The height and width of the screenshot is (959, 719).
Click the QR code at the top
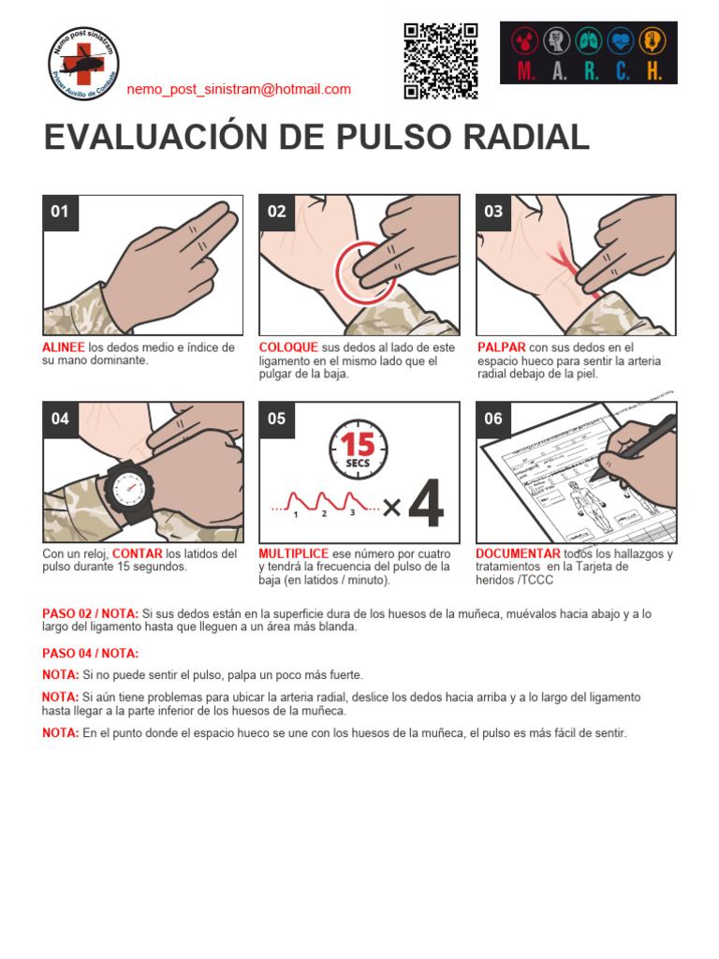tap(441, 61)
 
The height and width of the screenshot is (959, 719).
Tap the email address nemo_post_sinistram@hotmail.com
tap(239, 90)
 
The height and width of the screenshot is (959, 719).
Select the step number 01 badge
tap(60, 212)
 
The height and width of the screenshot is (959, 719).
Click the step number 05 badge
tap(276, 419)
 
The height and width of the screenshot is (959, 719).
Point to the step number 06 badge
tap(493, 419)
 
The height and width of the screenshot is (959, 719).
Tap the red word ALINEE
tap(64, 347)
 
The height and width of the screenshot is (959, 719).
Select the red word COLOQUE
tap(288, 347)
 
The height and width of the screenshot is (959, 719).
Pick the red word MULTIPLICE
tap(294, 553)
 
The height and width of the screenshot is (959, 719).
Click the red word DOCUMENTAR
tap(518, 553)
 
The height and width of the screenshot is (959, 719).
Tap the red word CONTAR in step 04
tap(138, 553)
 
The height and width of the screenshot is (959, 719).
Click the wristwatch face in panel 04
tap(125, 485)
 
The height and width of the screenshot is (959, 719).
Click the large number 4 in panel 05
tap(426, 507)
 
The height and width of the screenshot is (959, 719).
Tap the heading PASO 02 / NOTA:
tap(90, 613)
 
